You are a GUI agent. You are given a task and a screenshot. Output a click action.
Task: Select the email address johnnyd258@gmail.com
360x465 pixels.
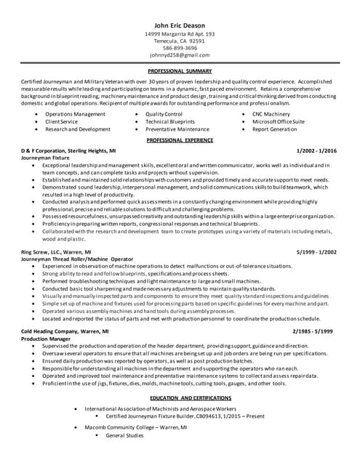pos(180,55)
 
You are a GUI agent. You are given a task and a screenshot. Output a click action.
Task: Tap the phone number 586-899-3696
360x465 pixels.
pos(180,48)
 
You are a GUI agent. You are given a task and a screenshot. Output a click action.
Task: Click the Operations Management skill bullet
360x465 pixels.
pos(75,114)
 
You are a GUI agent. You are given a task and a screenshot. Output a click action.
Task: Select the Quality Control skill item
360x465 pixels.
pos(164,114)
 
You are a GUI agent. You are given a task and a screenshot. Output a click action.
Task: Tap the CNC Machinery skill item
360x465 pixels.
pos(271,114)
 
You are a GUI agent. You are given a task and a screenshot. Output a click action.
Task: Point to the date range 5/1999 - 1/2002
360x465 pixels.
pos(316,251)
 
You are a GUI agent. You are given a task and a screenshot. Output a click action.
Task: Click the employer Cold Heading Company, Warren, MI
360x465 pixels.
pos(65,331)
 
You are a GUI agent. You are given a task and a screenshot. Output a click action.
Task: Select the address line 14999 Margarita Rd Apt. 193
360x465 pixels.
pos(180,34)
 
